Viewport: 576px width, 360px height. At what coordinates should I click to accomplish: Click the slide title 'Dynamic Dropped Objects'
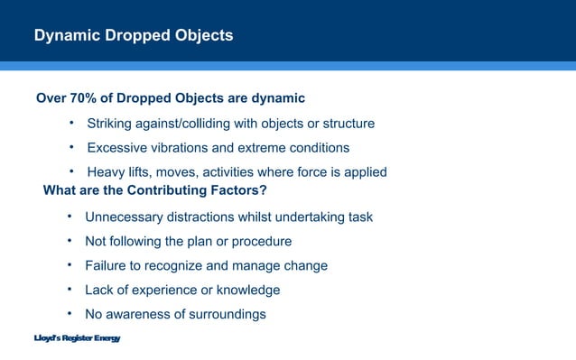(134, 36)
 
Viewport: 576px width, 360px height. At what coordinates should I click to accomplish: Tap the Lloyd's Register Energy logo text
(77, 338)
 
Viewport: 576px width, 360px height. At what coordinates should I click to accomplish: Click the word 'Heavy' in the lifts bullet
(107, 171)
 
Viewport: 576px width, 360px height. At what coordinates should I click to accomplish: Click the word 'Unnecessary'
(126, 217)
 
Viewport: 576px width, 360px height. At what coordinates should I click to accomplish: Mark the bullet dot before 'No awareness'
(70, 314)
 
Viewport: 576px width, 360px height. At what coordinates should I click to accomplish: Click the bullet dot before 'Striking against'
(71, 122)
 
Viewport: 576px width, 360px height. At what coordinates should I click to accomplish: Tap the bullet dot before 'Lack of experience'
(70, 290)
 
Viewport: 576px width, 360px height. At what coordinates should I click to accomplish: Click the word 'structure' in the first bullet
(346, 123)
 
